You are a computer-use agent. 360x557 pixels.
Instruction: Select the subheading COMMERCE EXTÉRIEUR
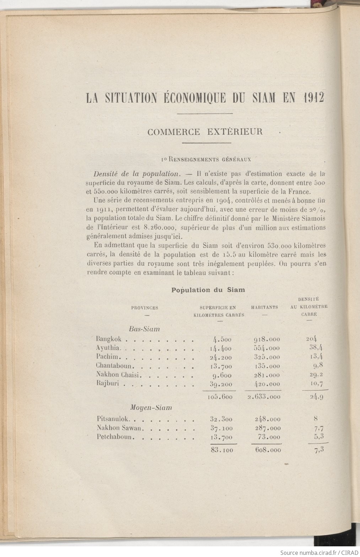205,132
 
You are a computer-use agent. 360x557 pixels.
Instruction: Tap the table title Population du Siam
208,290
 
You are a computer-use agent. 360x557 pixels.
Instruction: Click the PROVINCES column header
145,308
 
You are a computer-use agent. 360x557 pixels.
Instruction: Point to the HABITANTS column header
264,307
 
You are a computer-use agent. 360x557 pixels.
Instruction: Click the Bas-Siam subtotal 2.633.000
263,398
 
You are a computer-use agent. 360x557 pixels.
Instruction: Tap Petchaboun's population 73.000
269,437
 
